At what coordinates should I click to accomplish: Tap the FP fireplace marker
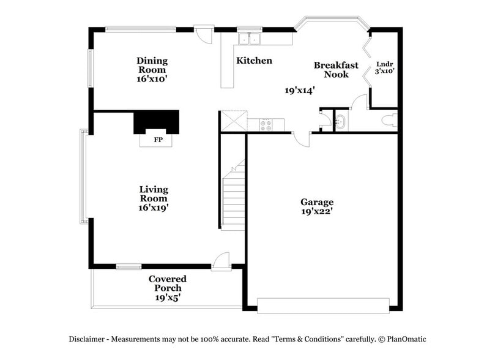pyautogui.click(x=158, y=140)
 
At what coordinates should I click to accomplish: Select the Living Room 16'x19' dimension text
pyautogui.click(x=153, y=208)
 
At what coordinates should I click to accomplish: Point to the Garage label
pyautogui.click(x=316, y=202)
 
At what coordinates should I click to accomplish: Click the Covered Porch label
pyautogui.click(x=167, y=283)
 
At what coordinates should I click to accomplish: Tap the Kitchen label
pyautogui.click(x=254, y=61)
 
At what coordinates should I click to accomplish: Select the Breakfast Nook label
pyautogui.click(x=336, y=69)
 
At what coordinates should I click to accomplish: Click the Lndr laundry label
pyautogui.click(x=384, y=64)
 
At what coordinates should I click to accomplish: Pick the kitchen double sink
pyautogui.click(x=249, y=39)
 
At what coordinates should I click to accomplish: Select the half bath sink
pyautogui.click(x=341, y=122)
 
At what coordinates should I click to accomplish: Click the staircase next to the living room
pyautogui.click(x=233, y=196)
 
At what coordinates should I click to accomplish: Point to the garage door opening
pyautogui.click(x=322, y=305)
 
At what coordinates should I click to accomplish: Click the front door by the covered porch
pyautogui.click(x=221, y=261)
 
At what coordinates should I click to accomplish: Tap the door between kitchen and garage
pyautogui.click(x=301, y=139)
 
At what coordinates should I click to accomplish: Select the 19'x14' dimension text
pyautogui.click(x=300, y=90)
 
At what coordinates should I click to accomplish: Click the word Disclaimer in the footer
pyautogui.click(x=88, y=339)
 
